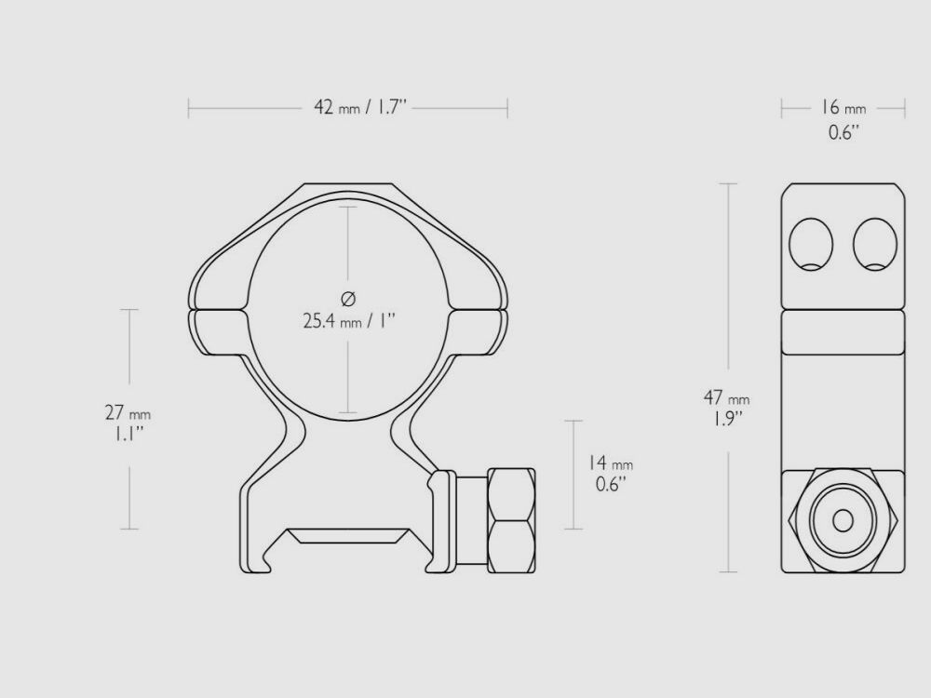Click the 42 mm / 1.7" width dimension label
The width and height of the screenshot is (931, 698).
pyautogui.click(x=361, y=108)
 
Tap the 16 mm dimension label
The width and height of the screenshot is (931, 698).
pyautogui.click(x=843, y=109)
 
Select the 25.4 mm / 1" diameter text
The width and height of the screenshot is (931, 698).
pyautogui.click(x=349, y=321)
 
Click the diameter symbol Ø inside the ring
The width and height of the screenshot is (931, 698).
pyautogui.click(x=348, y=299)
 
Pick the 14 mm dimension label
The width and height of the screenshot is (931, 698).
pyautogui.click(x=611, y=463)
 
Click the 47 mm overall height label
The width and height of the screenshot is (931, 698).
pyautogui.click(x=726, y=397)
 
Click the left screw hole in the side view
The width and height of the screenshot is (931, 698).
pyautogui.click(x=810, y=245)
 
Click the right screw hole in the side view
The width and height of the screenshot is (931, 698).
pyautogui.click(x=874, y=245)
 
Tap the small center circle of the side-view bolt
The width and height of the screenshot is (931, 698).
pyautogui.click(x=843, y=519)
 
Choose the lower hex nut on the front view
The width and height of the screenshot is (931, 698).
pyautogui.click(x=510, y=544)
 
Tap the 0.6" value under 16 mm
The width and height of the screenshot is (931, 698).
pyautogui.click(x=843, y=132)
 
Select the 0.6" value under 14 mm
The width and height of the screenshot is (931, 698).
pyautogui.click(x=611, y=484)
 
